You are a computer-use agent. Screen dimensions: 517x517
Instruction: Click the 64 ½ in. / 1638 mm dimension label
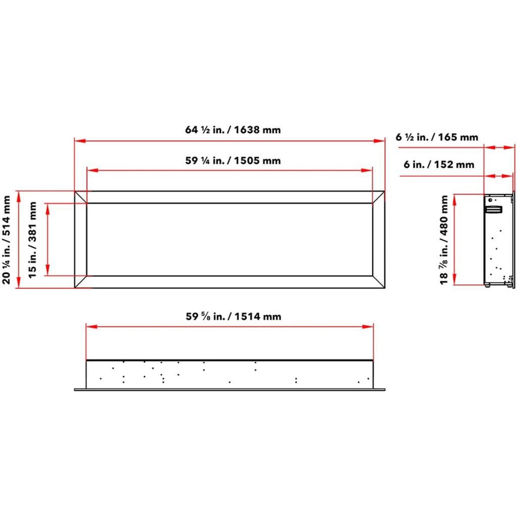tap(233, 130)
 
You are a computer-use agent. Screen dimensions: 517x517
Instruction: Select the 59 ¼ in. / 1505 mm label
tap(233, 160)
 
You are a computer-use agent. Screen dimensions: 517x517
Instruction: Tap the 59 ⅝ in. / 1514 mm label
tap(233, 316)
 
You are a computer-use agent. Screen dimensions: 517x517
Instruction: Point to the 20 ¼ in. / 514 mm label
tap(6, 240)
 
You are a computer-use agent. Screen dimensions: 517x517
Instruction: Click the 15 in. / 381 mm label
tap(33, 240)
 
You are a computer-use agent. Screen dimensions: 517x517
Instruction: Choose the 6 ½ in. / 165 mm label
tap(437, 137)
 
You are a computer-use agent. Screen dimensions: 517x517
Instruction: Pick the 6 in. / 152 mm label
tap(439, 165)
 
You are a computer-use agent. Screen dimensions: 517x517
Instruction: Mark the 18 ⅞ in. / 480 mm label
tap(444, 240)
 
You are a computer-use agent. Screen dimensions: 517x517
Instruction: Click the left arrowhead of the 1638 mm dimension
tap(79, 141)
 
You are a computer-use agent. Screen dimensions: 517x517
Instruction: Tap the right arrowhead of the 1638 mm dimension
tap(380, 141)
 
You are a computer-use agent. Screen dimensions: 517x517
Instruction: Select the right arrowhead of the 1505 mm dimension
tap(367, 170)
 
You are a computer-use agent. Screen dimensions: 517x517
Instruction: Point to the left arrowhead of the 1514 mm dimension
tap(92, 326)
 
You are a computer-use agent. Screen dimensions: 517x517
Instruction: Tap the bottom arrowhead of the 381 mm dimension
tap(48, 271)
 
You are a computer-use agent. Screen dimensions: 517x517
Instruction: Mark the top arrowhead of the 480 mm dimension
tap(455, 199)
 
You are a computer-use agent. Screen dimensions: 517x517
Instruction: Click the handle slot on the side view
tap(494, 210)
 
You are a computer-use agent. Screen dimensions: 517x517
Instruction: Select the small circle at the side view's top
tap(490, 200)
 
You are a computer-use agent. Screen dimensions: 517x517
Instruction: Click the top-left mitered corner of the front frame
tap(81, 197)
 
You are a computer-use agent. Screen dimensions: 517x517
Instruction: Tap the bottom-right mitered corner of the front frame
tap(379, 282)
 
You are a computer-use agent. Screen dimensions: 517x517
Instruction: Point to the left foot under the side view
tap(487, 285)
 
